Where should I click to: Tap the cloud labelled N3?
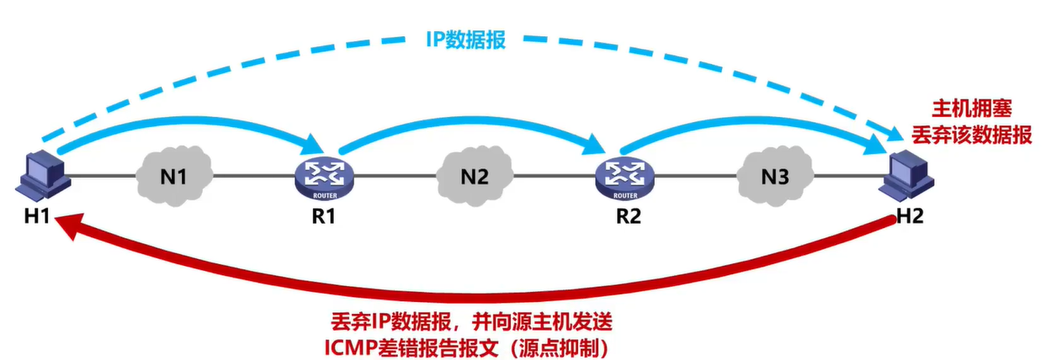click(x=775, y=177)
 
